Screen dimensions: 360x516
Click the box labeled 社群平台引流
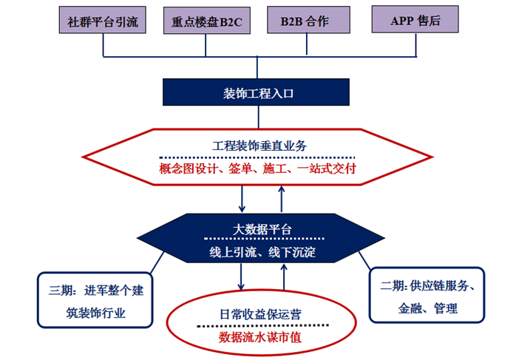point(101,21)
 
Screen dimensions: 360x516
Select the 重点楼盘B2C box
point(205,21)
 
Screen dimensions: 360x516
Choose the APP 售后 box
point(415,21)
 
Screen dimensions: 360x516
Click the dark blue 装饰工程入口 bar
point(258,92)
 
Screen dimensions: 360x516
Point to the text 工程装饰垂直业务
point(258,146)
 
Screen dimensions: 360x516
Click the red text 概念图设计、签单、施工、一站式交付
point(258,169)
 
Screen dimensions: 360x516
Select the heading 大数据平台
point(258,229)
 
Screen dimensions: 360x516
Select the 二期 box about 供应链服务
point(426,296)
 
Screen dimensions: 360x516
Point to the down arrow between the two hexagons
point(242,199)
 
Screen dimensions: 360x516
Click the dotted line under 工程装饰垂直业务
point(258,157)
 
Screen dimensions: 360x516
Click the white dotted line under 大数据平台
point(258,240)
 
